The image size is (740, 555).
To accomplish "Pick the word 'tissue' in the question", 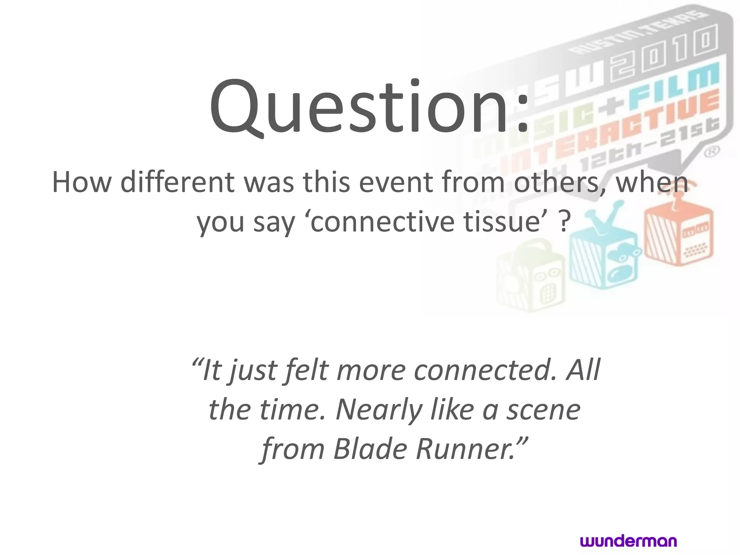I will pos(501,222).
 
